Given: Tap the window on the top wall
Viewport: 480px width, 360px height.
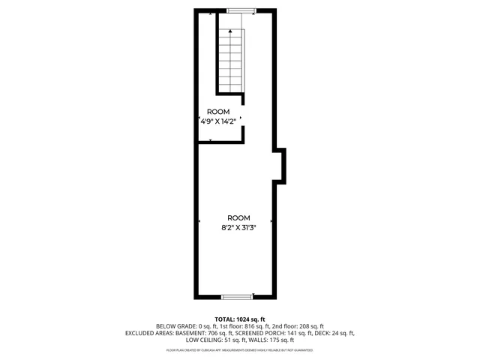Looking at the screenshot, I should click(240, 10).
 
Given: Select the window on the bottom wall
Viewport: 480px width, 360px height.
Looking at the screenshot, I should click(240, 296).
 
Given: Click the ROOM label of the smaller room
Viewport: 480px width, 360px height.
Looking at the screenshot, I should click(219, 111).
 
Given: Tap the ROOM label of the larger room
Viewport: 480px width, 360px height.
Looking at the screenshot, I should click(239, 217).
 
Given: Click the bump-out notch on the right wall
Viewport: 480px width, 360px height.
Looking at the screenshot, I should click(280, 164).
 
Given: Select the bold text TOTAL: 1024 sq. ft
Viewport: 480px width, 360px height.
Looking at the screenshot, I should click(239, 319).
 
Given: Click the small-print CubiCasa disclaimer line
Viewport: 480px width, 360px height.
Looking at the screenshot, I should click(239, 349).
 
